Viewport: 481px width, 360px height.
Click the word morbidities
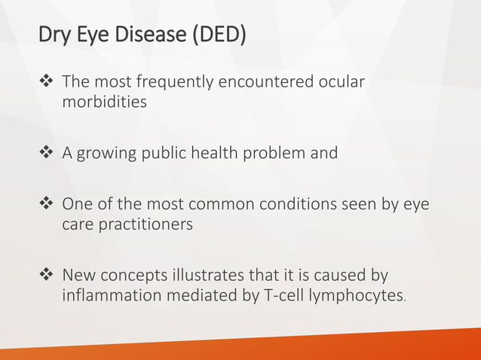(104, 102)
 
